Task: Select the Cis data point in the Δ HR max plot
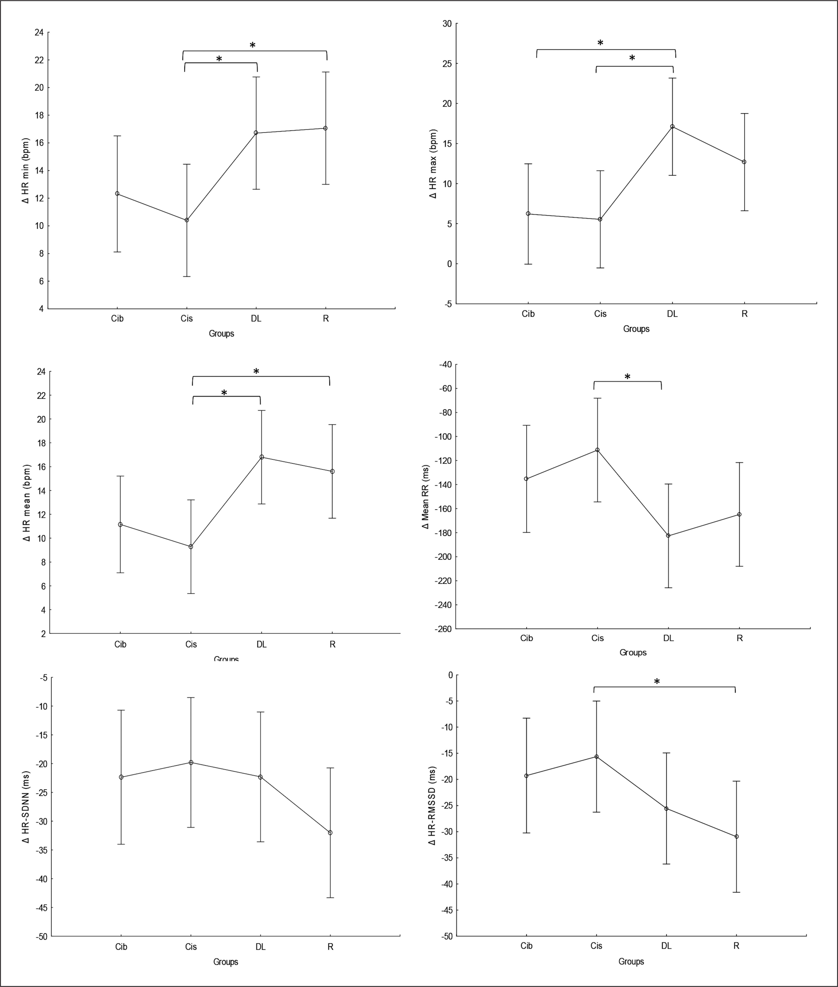point(600,219)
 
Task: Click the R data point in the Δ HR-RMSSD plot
point(736,837)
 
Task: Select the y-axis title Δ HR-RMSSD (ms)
point(432,806)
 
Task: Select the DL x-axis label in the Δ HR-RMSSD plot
point(666,946)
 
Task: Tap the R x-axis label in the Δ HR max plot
point(744,314)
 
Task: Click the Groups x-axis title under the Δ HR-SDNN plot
point(226,962)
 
